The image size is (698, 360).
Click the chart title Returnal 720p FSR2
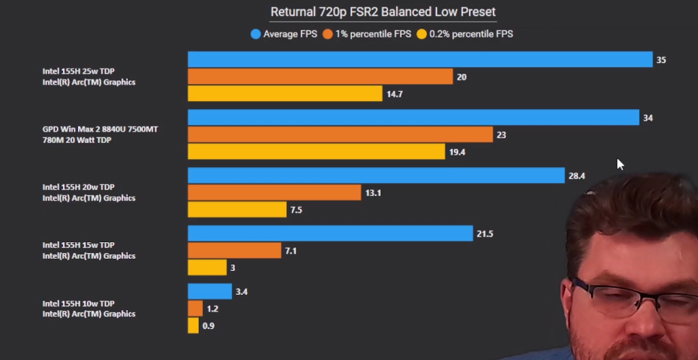(x=383, y=12)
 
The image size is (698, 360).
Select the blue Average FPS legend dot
(x=255, y=34)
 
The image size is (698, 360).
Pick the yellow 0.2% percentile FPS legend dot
(x=421, y=34)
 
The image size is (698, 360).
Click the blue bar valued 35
(x=420, y=59)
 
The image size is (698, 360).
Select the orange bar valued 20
(x=320, y=77)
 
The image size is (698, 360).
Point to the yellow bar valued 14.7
(x=285, y=94)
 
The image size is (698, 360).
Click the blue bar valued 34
(x=413, y=117)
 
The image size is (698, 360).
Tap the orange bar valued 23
(x=340, y=134)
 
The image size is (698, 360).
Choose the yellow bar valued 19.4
(x=316, y=152)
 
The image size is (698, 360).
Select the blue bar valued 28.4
(x=376, y=176)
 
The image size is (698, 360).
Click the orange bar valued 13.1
(x=274, y=192)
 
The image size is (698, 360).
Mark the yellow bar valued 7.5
(x=237, y=210)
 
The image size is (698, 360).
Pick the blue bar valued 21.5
(x=330, y=233)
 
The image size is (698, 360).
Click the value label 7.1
(x=291, y=251)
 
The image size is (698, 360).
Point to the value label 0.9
(x=208, y=326)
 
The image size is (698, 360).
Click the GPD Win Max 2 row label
(x=100, y=134)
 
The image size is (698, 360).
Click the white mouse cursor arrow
(x=620, y=164)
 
